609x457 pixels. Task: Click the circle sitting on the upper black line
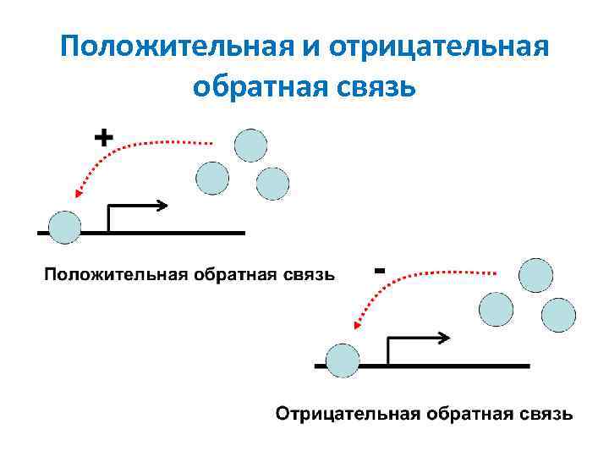pyautogui.click(x=64, y=228)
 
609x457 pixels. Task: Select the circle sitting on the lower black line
pyautogui.click(x=343, y=361)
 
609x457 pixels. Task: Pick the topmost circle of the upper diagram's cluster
pyautogui.click(x=250, y=145)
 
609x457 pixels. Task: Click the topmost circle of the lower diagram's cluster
pyautogui.click(x=535, y=276)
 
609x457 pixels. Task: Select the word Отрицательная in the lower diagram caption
pyautogui.click(x=348, y=414)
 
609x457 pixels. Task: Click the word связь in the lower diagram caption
pyautogui.click(x=546, y=414)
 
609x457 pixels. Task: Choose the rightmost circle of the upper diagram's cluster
pyautogui.click(x=272, y=183)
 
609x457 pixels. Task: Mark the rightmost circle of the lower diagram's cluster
pyautogui.click(x=558, y=314)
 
